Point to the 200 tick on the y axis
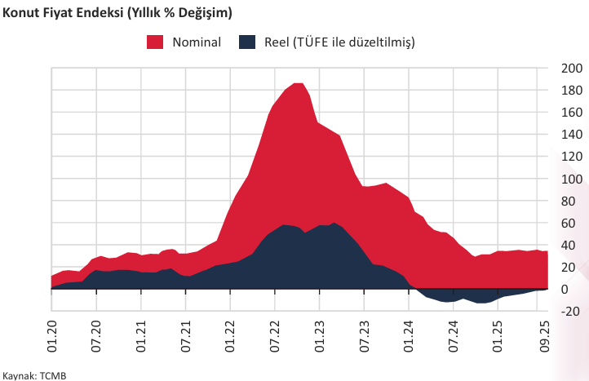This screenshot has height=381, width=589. click(571, 68)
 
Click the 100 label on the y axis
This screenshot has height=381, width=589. click(571, 179)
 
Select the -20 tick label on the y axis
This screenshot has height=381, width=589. click(571, 312)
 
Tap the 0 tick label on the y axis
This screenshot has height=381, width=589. click(576, 290)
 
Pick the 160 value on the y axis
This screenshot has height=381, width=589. click(571, 112)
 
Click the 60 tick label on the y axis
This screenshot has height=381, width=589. click(573, 223)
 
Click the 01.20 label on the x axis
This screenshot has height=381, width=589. click(52, 334)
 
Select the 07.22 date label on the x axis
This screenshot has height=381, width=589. click(274, 334)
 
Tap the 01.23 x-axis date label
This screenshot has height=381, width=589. click(319, 334)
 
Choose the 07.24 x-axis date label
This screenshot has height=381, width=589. click(452, 334)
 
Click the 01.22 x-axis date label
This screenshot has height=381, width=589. click(230, 334)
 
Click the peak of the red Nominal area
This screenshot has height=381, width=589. click(298, 83)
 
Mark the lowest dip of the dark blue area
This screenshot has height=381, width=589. click(483, 303)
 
